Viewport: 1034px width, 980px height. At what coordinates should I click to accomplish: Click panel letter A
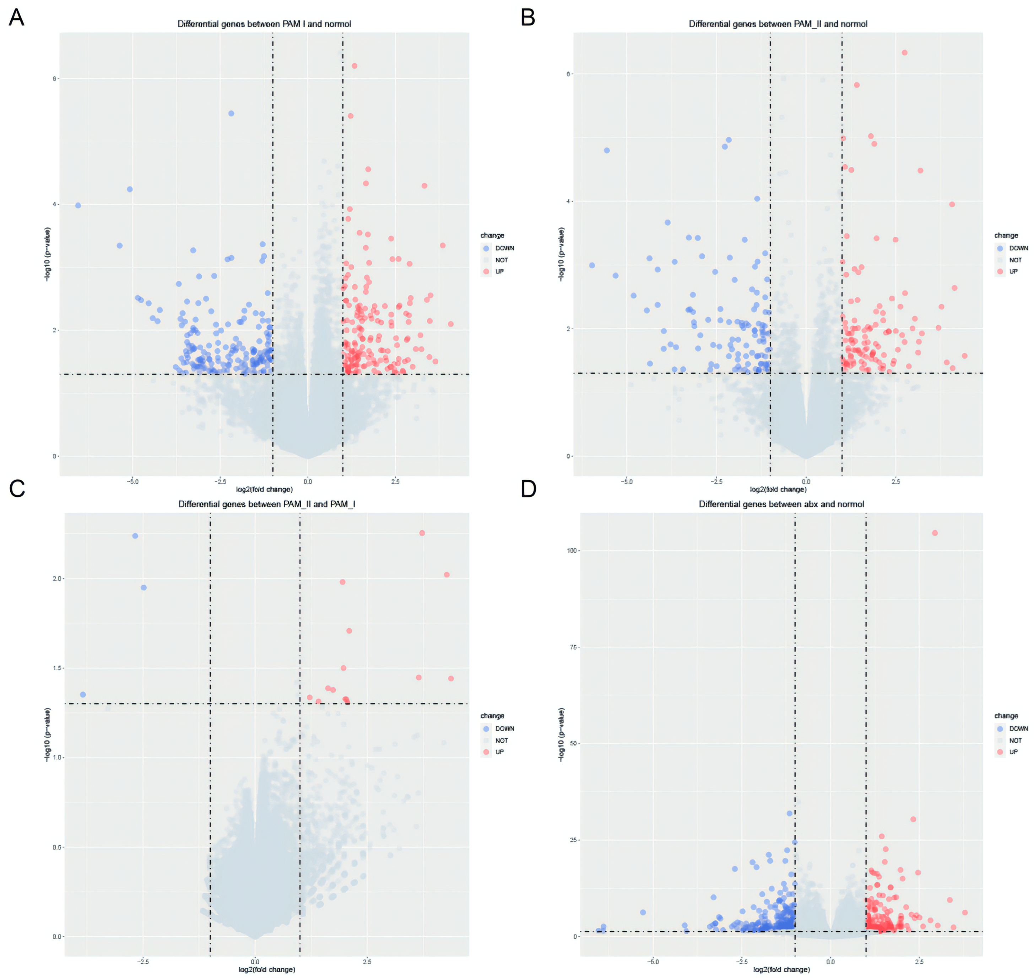(x=16, y=18)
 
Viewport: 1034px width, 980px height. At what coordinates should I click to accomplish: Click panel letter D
(x=529, y=489)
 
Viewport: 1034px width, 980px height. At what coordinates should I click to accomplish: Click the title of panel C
(x=266, y=504)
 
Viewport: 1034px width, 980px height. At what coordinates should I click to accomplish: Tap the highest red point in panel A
(x=354, y=66)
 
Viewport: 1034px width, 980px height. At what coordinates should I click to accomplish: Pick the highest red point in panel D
(x=935, y=533)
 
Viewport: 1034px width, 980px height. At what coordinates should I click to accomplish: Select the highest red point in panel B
(x=904, y=53)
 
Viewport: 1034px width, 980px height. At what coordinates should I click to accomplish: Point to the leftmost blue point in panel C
(x=82, y=694)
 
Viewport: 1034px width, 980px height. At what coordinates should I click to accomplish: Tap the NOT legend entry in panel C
(x=501, y=740)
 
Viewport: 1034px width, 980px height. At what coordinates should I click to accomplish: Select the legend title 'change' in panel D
(x=1006, y=716)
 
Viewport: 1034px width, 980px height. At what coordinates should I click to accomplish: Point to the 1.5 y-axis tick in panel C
(x=58, y=668)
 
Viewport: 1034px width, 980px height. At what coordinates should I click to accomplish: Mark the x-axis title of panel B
(x=778, y=490)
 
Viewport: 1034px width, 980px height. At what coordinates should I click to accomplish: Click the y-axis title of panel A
(x=48, y=254)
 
